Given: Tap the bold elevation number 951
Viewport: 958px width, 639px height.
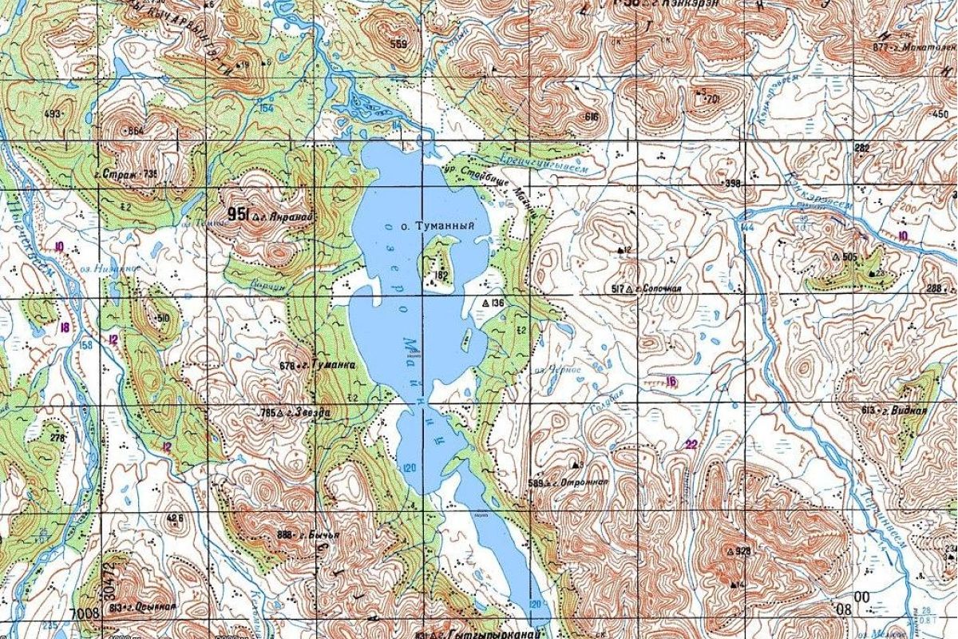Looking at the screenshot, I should pos(237,213).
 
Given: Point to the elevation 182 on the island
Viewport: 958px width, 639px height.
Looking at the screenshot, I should pos(439,276).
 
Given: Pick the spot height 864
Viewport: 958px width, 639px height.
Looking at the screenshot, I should pos(137,130).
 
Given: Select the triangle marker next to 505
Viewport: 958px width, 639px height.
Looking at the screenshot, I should pos(835,257).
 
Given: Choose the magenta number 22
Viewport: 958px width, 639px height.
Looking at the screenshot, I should pos(691,445).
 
